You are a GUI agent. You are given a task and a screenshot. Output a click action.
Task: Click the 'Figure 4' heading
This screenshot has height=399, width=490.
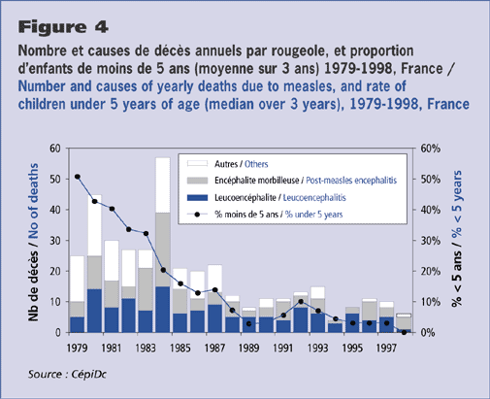click(x=63, y=27)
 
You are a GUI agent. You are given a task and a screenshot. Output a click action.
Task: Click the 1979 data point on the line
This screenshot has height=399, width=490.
click(x=78, y=177)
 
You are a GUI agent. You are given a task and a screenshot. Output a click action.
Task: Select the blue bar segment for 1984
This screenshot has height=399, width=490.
click(x=163, y=310)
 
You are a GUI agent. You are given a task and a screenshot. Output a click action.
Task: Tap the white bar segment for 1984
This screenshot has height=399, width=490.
click(x=163, y=185)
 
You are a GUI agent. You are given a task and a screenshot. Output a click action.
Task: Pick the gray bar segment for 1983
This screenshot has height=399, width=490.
click(x=146, y=289)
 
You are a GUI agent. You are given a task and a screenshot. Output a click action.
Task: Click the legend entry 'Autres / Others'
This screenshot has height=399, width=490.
click(x=242, y=164)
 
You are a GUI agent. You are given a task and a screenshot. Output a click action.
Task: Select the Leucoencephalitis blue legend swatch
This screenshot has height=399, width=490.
click(x=197, y=197)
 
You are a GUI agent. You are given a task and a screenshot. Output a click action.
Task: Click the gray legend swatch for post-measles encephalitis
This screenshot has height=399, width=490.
click(x=197, y=181)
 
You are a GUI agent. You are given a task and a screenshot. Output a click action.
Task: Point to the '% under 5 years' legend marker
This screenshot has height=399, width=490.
click(x=197, y=215)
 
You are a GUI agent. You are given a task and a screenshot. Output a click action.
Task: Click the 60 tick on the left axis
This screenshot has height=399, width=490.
click(x=55, y=149)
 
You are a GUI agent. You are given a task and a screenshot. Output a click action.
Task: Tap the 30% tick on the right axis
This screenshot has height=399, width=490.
click(x=430, y=241)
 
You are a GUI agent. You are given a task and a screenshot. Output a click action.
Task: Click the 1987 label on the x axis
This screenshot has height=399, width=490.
click(x=214, y=348)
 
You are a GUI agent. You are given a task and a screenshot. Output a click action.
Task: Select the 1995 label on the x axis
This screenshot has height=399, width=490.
click(x=352, y=348)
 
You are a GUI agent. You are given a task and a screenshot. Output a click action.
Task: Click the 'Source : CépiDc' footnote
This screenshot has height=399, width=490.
click(x=67, y=374)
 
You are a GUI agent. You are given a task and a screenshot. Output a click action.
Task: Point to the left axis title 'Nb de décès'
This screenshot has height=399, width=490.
click(x=33, y=285)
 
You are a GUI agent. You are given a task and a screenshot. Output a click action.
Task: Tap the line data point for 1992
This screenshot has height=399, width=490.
click(x=301, y=302)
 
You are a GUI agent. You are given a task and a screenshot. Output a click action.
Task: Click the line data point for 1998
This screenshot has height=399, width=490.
click(x=404, y=332)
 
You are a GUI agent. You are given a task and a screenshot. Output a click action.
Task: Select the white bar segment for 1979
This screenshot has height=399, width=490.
click(x=78, y=279)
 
